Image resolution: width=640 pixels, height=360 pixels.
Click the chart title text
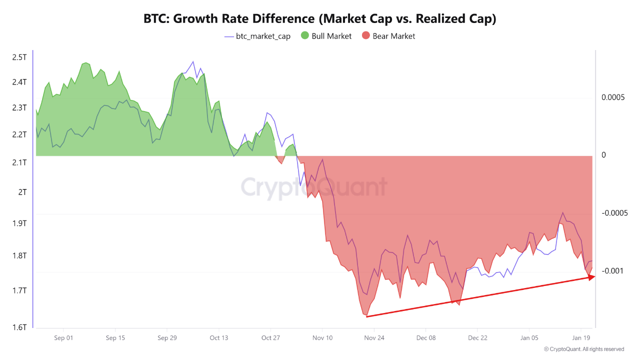point(320,19)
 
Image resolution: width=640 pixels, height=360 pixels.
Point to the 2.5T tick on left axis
point(19,57)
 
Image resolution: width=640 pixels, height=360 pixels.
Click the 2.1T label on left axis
point(19,162)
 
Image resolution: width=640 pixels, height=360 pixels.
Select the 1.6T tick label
point(19,327)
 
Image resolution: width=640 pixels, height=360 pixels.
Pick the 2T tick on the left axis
point(22,192)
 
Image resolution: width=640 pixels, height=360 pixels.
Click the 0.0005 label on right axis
point(612,97)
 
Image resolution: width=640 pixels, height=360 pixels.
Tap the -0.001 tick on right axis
point(612,271)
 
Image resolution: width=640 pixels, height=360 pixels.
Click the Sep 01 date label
point(63,338)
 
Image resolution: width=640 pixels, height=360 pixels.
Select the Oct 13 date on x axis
point(218,338)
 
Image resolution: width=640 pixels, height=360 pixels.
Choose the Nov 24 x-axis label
point(374,338)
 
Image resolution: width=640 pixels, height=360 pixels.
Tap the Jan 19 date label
point(581,338)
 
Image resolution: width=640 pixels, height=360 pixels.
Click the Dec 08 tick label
point(426,338)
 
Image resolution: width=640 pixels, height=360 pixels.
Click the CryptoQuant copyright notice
point(583,349)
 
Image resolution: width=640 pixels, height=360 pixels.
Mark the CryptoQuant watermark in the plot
point(314,187)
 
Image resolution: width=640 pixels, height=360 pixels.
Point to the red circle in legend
point(366,36)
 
